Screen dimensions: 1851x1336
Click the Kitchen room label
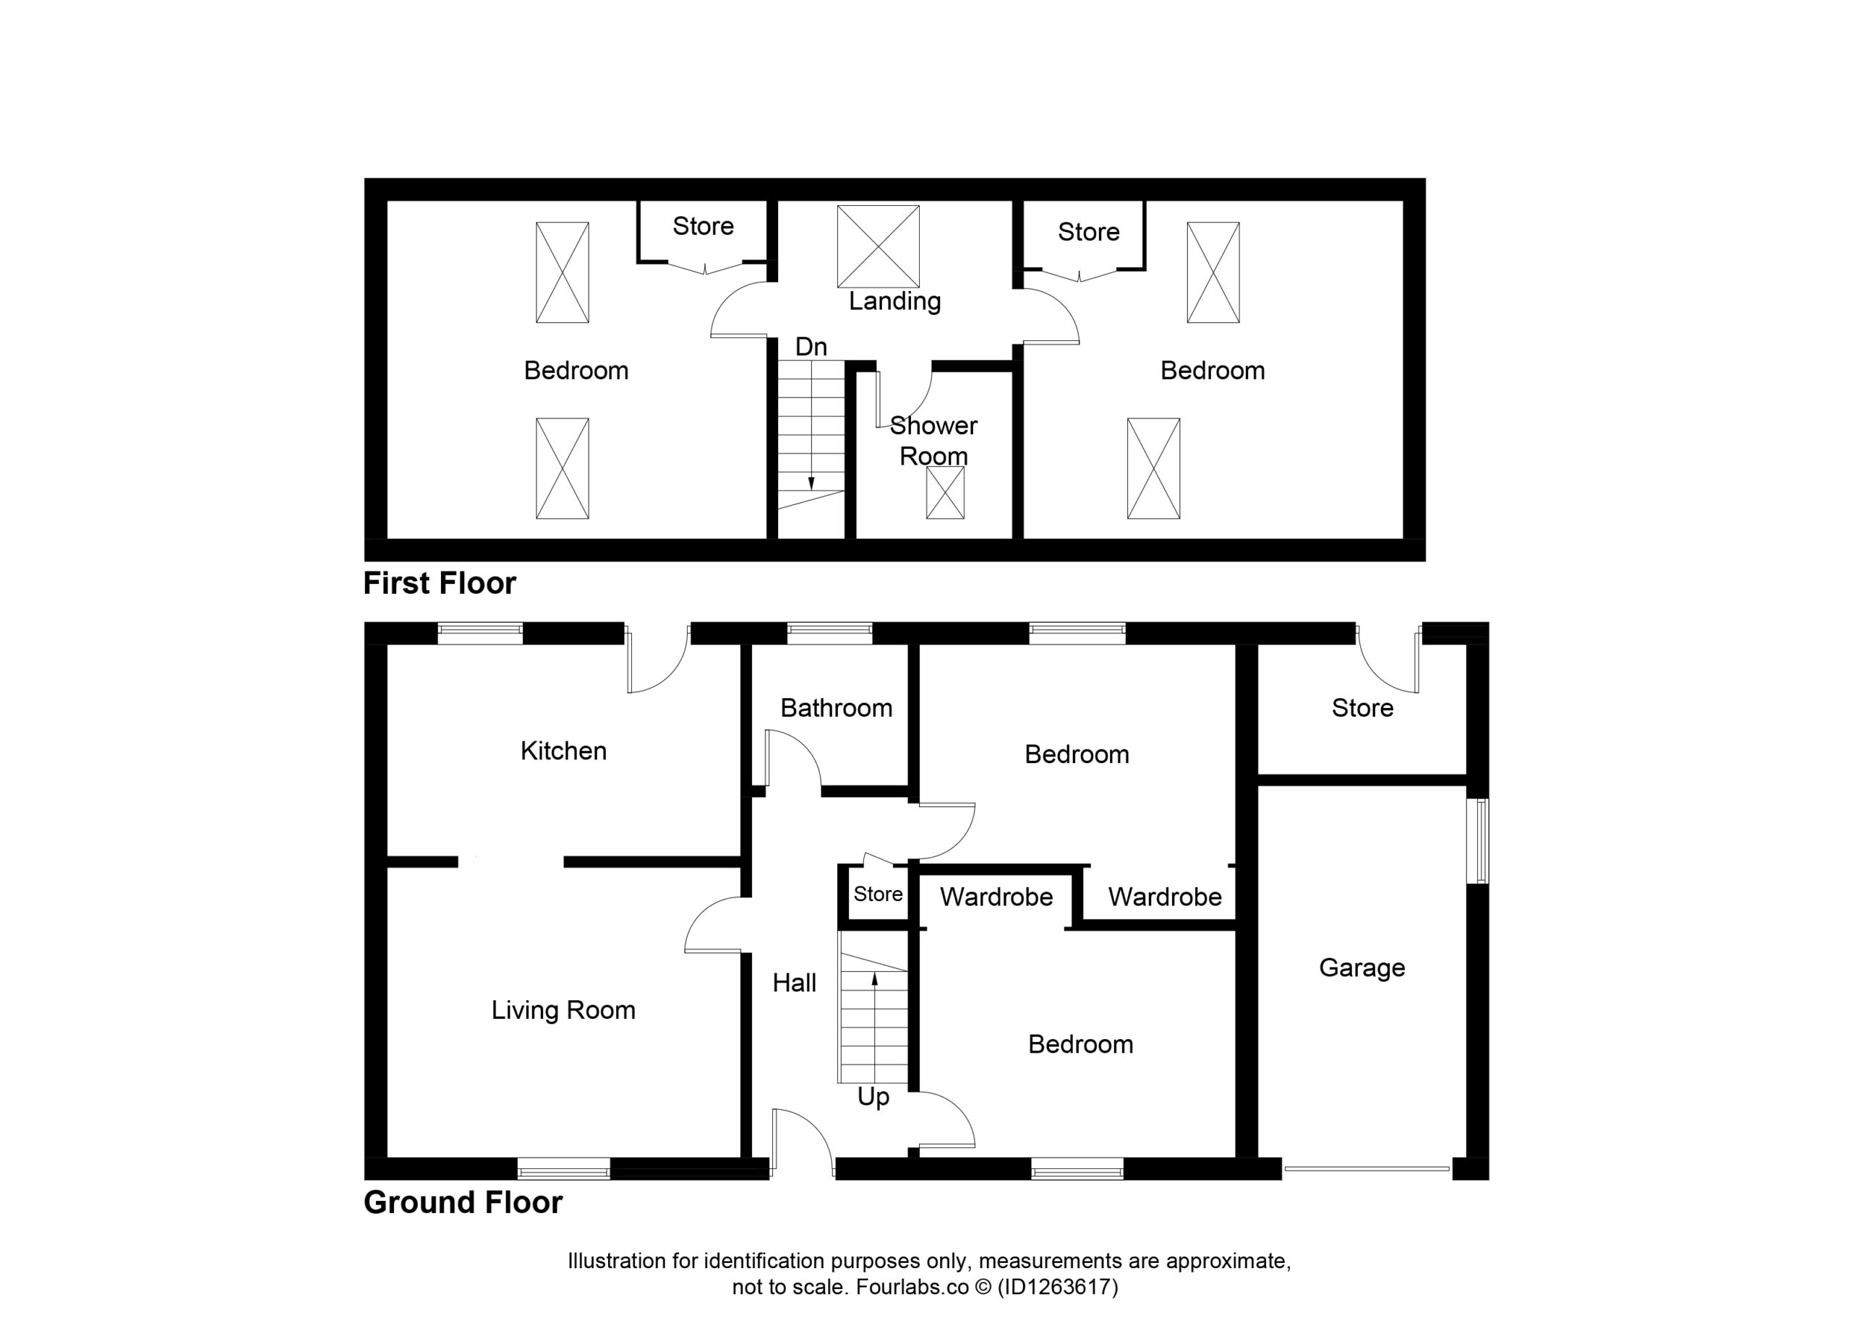[563, 751]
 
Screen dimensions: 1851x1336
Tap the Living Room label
[563, 1011]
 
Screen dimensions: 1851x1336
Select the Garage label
[1362, 968]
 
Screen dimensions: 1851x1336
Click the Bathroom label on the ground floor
[837, 708]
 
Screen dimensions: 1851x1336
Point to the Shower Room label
[933, 441]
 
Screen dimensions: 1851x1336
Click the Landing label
[894, 302]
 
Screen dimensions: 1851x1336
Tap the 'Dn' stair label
[811, 347]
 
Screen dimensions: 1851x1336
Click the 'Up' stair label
[873, 1097]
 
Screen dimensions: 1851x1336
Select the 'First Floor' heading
[440, 583]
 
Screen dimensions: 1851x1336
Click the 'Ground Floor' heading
[463, 1202]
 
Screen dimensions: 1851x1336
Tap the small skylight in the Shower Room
[945, 493]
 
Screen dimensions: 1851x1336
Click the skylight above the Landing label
[879, 246]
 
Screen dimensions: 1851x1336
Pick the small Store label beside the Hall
[879, 894]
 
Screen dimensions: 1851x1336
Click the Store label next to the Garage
[1362, 708]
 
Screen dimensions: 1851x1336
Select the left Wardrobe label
[996, 897]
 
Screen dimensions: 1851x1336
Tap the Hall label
[794, 983]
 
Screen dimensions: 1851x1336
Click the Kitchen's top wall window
[480, 633]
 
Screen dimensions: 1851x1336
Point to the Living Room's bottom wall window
[564, 1169]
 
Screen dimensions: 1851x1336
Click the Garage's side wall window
[1478, 841]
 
